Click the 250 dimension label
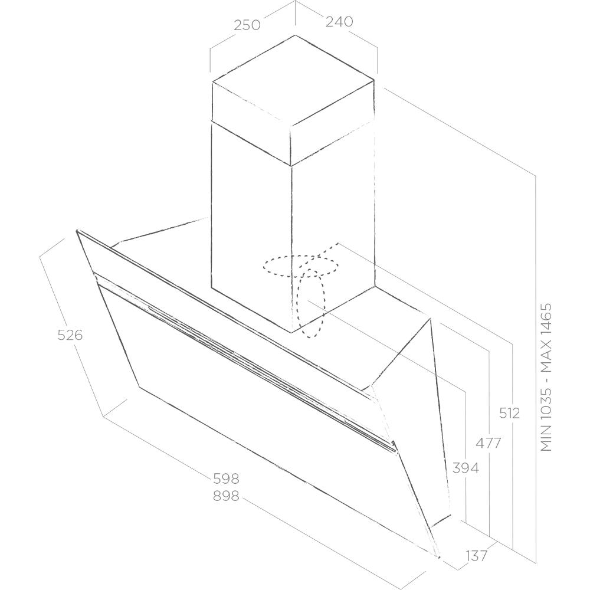pos(247,25)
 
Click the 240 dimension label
pos(339,22)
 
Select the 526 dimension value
pos(70,335)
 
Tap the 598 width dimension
pos(226,478)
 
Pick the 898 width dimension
pos(226,496)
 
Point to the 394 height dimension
pos(466,468)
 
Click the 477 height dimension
pos(488,443)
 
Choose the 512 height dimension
pos(510,413)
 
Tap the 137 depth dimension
pos(476,555)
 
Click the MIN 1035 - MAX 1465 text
pos(546,378)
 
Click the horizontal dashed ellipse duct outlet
pos(300,266)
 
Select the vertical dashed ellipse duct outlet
pos(310,303)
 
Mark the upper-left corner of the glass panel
pos(77,230)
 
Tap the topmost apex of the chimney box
pos(295,35)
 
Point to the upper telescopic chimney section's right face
pos(332,123)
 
